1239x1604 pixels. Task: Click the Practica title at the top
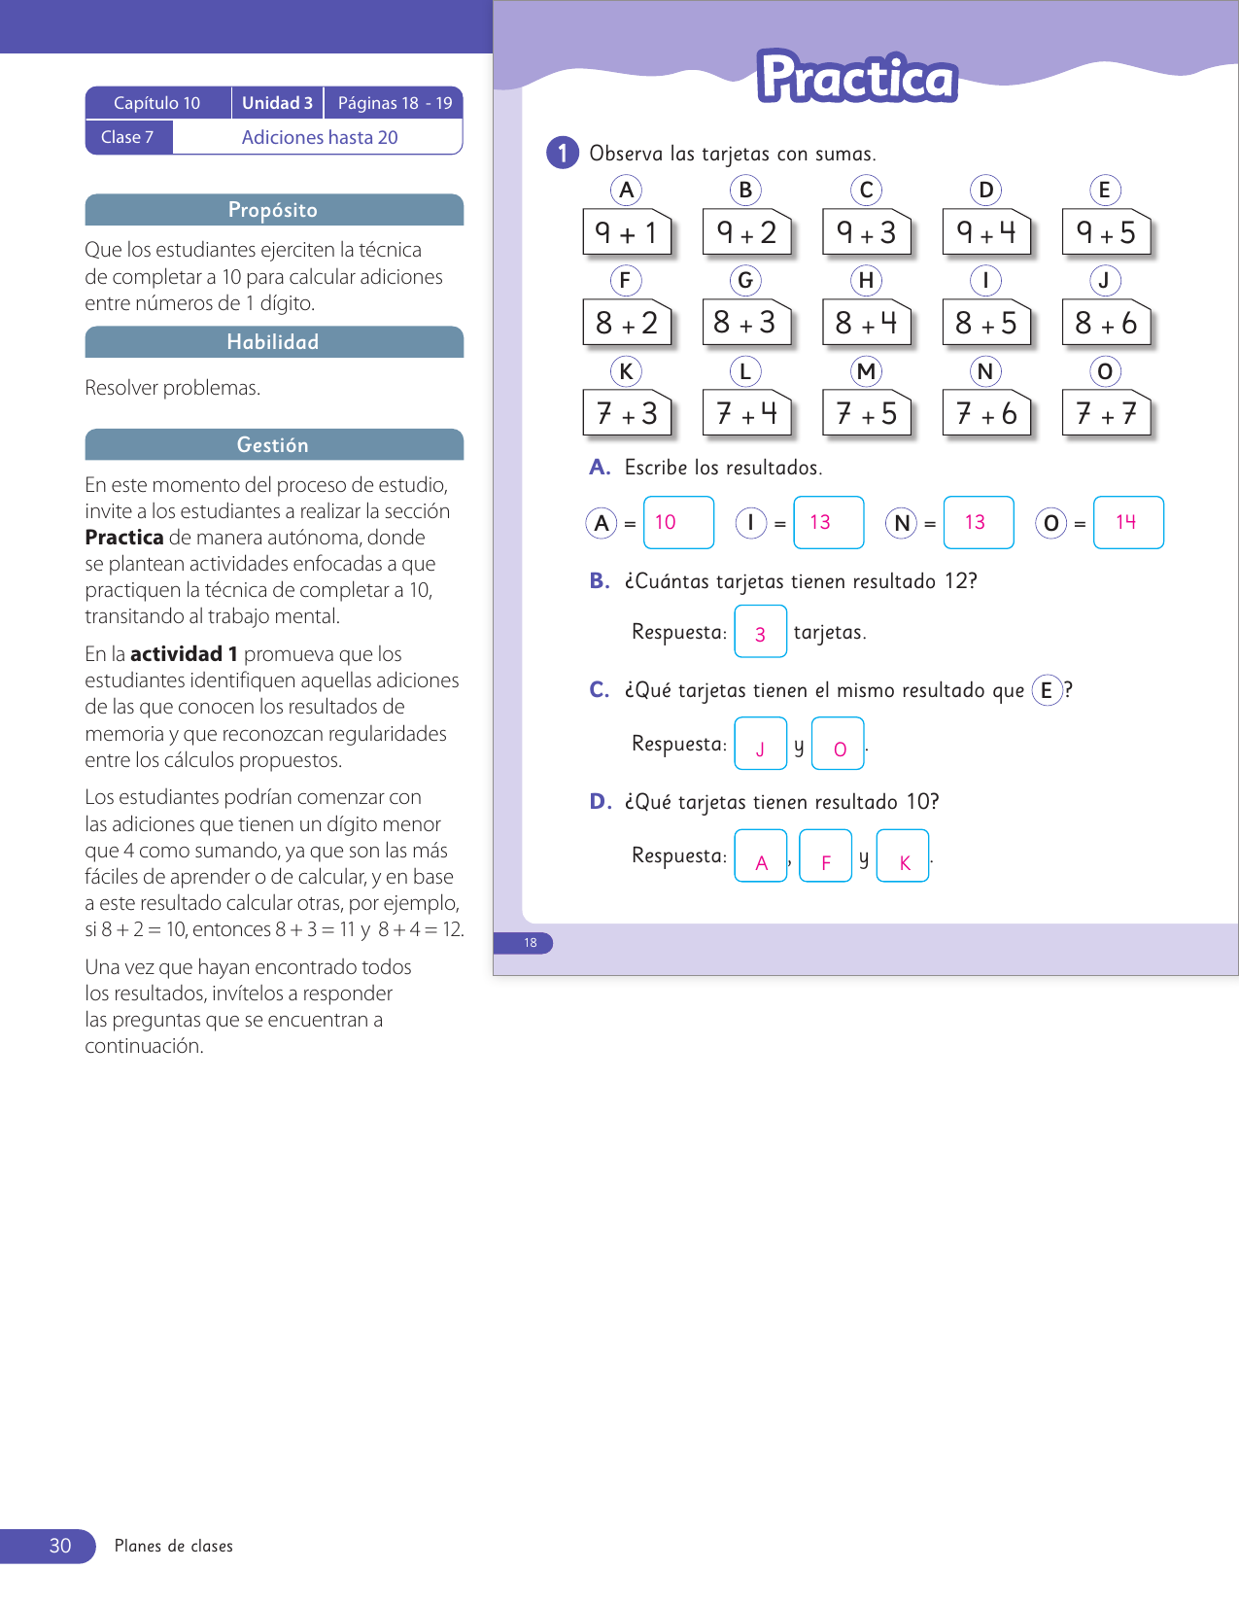857,78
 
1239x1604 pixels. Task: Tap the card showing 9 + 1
627,232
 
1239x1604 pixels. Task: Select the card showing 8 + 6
1106,323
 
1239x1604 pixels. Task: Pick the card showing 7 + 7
1106,414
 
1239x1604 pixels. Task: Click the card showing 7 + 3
627,414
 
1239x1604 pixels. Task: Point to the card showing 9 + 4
986,232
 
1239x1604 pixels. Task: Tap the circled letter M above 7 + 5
866,371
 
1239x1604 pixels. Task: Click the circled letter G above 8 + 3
745,281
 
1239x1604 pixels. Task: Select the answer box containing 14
1127,522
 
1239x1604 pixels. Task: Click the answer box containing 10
678,522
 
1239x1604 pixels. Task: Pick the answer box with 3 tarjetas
760,632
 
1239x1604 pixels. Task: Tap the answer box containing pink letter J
760,744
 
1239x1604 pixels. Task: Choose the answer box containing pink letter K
903,855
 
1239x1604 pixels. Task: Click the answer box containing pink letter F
825,855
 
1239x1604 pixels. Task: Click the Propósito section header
273,210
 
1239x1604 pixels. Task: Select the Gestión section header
273,444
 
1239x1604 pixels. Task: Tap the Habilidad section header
273,342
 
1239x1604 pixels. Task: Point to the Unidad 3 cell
277,103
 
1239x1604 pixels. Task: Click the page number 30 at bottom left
59,1546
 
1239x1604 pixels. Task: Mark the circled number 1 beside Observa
563,153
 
